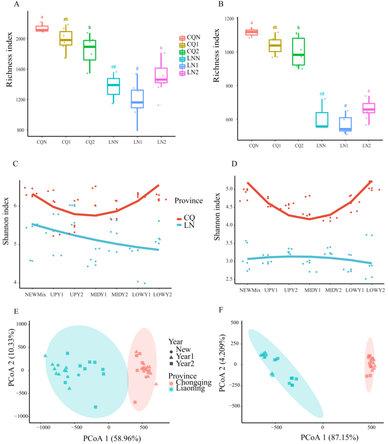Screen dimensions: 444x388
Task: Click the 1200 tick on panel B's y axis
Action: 230,19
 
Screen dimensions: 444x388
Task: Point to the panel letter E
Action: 17,312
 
